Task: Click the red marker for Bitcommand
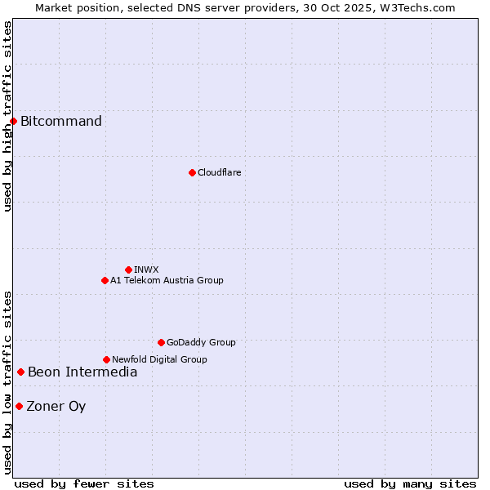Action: (13, 122)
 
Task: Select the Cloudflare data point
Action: (192, 172)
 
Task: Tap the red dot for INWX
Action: (128, 269)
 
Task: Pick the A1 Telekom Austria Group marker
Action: (105, 280)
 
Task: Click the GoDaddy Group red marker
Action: (161, 342)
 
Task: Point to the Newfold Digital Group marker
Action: (106, 359)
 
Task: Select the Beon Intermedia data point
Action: (20, 372)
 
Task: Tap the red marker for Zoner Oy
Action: (19, 406)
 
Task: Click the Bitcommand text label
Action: (61, 122)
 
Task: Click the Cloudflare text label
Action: (219, 172)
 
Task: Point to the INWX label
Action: (146, 269)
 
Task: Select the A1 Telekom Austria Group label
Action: (167, 280)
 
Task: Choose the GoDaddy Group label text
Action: (201, 342)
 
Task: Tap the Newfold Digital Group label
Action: (159, 359)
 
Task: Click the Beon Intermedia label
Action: (82, 372)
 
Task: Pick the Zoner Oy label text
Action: (56, 407)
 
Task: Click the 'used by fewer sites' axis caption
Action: (84, 483)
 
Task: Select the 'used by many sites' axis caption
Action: (410, 483)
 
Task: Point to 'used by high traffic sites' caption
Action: (7, 116)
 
